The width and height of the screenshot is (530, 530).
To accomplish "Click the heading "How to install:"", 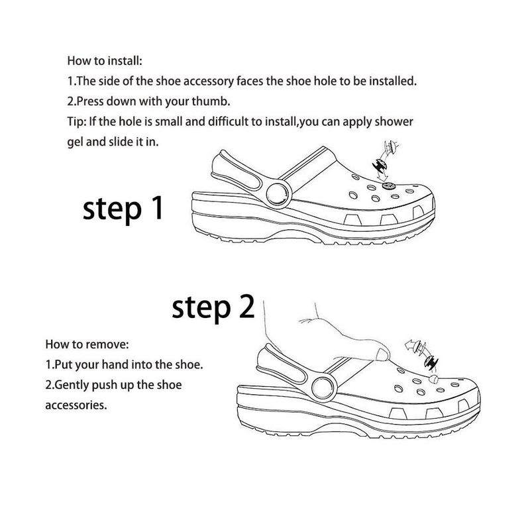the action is coord(105,61).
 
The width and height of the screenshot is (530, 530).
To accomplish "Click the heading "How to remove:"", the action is coord(87,344).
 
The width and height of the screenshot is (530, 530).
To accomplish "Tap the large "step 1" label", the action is coord(123,209).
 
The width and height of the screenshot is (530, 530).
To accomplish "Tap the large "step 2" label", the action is coord(213,307).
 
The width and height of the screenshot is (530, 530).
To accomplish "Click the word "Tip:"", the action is coord(77,122).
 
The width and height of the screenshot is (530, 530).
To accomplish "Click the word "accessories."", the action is coord(76,405).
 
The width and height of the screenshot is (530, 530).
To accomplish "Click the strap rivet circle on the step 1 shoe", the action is coord(279,194).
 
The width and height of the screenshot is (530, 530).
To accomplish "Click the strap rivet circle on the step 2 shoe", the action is coord(324,388).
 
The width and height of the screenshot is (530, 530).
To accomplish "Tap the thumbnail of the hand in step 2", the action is coord(382,355).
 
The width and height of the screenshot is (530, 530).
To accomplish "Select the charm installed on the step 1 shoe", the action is coord(389,185).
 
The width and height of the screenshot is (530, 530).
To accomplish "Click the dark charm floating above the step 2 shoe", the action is coord(431,362).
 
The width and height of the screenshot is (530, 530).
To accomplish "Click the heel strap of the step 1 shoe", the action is coord(237,171).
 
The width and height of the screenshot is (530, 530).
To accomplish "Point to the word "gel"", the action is coord(75,142).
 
